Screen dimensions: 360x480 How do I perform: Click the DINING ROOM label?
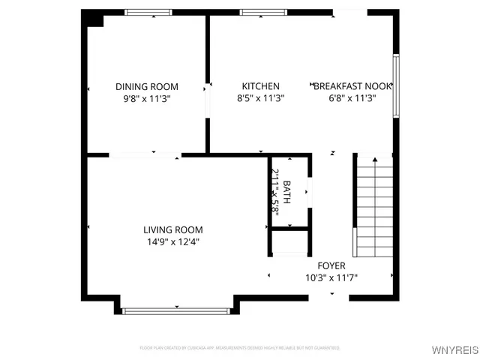tap(147, 86)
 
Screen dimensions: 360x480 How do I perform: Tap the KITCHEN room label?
tap(260, 86)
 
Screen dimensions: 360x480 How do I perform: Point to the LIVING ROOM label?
tap(173, 229)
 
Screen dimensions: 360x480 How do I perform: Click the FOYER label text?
tap(331, 265)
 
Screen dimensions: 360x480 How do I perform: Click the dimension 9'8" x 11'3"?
tap(147, 97)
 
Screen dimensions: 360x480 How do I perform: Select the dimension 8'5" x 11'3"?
tap(260, 97)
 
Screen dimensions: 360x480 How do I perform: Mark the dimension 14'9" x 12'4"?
tap(173, 241)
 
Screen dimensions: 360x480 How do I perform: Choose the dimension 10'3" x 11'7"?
tap(331, 277)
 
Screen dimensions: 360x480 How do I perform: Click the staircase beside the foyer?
tap(373, 204)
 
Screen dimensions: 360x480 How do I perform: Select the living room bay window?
tap(177, 310)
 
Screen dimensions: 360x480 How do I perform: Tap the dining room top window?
tap(148, 12)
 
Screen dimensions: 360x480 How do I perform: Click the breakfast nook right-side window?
tap(396, 85)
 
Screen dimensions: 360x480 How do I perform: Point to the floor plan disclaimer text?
tap(239, 348)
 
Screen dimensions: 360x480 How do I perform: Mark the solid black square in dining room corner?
tap(93, 18)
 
